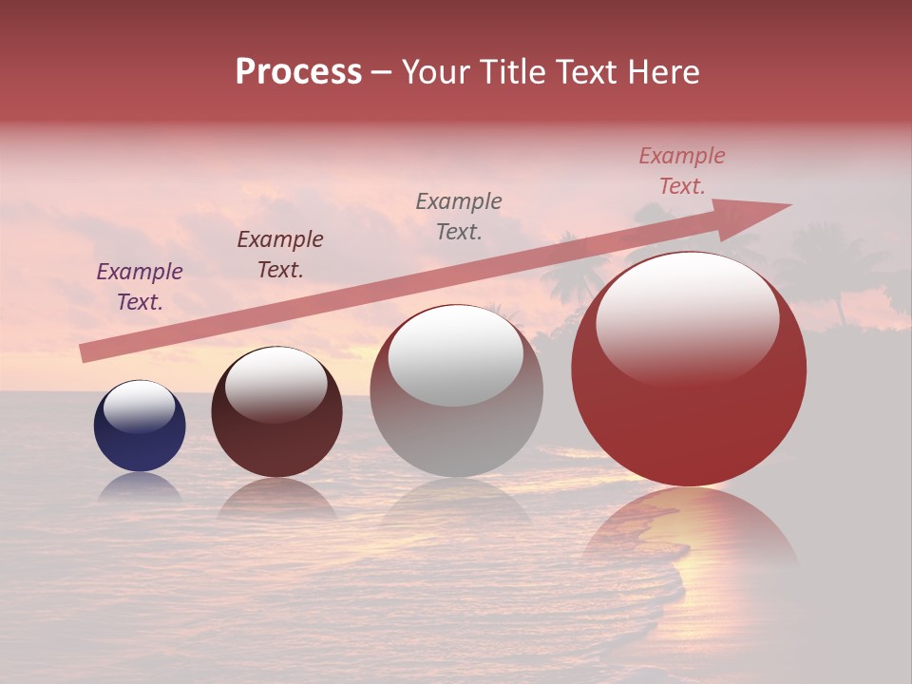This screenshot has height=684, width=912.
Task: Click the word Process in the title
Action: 298,72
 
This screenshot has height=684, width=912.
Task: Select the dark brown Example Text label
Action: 280,255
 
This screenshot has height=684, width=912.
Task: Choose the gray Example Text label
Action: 459,216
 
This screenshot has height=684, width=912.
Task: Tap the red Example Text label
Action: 682,171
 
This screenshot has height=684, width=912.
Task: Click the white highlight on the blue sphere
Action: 140,407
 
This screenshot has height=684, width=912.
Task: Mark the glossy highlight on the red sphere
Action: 687,318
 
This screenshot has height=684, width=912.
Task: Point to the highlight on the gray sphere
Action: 456,354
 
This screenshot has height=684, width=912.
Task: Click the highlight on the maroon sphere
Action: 276,384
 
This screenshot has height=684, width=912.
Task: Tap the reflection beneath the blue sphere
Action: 140,486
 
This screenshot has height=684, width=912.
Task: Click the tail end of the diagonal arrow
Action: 87,353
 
